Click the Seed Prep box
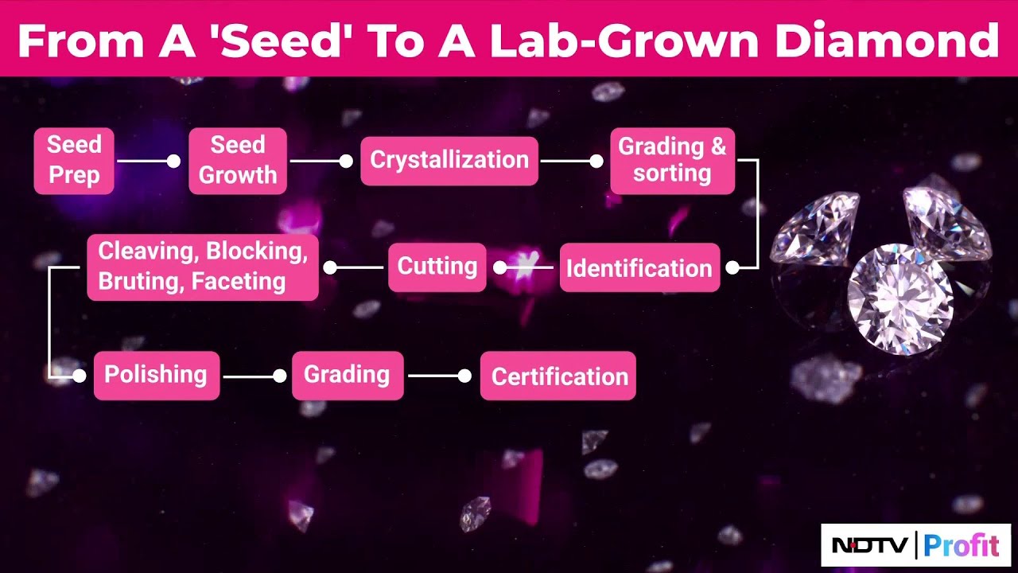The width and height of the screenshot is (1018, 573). pyautogui.click(x=74, y=161)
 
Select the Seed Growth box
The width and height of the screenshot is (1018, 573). pyautogui.click(x=237, y=161)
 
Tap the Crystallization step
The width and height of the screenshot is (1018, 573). pyautogui.click(x=449, y=161)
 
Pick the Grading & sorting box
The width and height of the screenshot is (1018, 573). pyautogui.click(x=672, y=161)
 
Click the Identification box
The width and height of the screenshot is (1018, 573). pyautogui.click(x=639, y=268)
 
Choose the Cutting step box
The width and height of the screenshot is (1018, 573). pyautogui.click(x=437, y=267)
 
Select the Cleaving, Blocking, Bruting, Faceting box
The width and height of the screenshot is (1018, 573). pyautogui.click(x=202, y=267)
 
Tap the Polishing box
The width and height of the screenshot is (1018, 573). pyautogui.click(x=156, y=375)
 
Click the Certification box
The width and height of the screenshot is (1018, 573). pyautogui.click(x=558, y=376)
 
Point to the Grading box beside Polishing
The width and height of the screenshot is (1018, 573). pyautogui.click(x=347, y=375)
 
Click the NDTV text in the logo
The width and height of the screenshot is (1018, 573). pyautogui.click(x=869, y=546)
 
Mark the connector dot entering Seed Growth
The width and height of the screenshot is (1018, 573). pyautogui.click(x=173, y=162)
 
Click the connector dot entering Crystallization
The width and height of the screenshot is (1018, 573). pyautogui.click(x=346, y=162)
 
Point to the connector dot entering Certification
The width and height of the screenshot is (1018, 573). pyautogui.click(x=464, y=376)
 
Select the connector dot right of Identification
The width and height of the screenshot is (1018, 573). pyautogui.click(x=732, y=268)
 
